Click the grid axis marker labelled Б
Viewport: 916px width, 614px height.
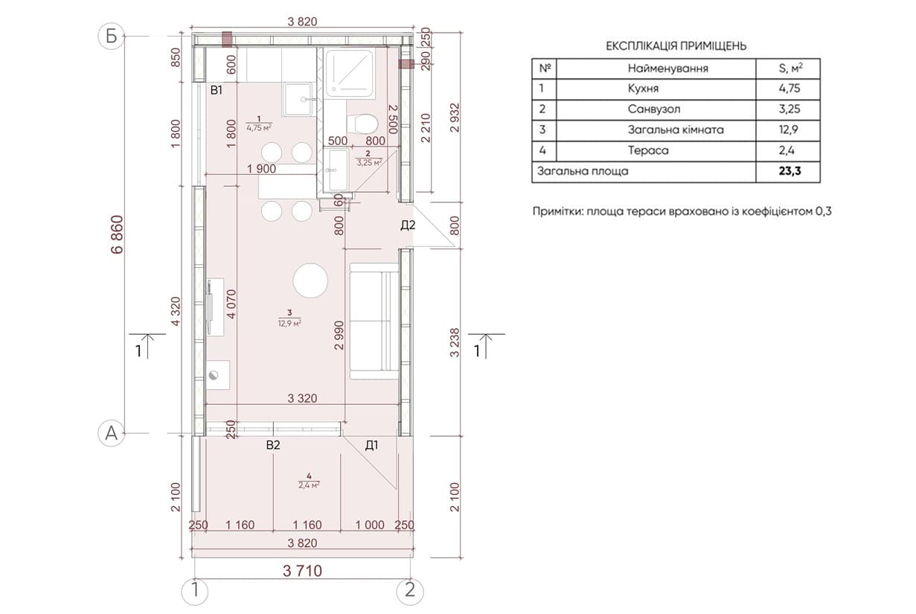(111, 36)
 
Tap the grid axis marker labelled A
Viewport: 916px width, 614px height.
(111, 433)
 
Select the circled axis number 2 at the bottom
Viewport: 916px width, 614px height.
(410, 592)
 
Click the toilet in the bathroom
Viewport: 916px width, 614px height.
(362, 123)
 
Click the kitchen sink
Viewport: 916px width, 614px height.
(298, 99)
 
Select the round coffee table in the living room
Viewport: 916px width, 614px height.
(310, 281)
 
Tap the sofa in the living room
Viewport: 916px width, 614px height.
(374, 321)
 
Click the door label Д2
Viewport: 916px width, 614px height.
(408, 225)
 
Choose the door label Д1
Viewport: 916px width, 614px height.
(371, 446)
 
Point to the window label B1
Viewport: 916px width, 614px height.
(217, 90)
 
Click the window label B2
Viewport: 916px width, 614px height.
(273, 445)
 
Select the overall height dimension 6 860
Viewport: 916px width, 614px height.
(117, 234)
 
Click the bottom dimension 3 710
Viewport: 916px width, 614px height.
(302, 571)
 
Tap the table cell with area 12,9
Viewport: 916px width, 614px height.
(790, 129)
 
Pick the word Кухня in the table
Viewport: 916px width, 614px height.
(643, 89)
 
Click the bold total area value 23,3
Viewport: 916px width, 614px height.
(790, 171)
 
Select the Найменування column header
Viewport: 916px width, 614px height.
(667, 68)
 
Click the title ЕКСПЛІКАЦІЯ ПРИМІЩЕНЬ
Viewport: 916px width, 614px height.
(676, 46)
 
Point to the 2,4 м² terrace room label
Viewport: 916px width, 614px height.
(309, 485)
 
